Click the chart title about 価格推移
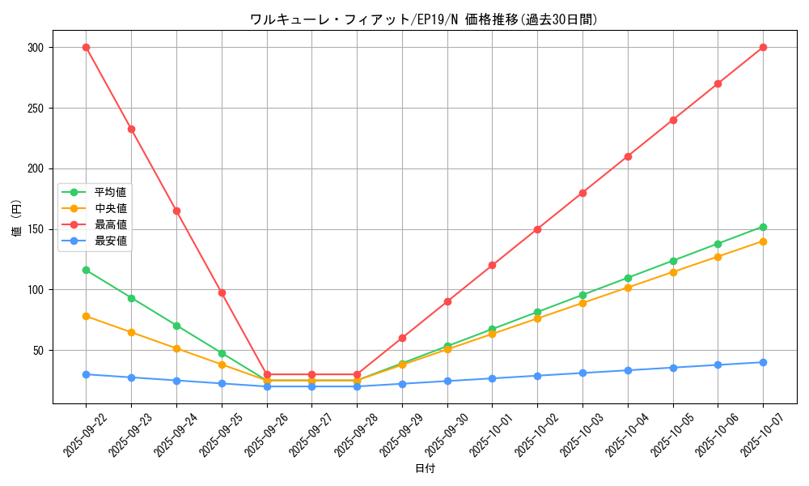pos(425,19)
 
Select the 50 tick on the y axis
pos(40,351)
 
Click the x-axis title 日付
pos(425,469)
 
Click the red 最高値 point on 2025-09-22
pos(86,48)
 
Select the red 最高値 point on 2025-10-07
pos(763,48)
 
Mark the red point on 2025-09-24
pos(176,211)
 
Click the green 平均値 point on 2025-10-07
pos(763,227)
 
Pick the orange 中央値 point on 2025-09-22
pos(86,316)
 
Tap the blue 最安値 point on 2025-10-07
pos(763,362)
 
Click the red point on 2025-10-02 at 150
pos(537,229)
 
